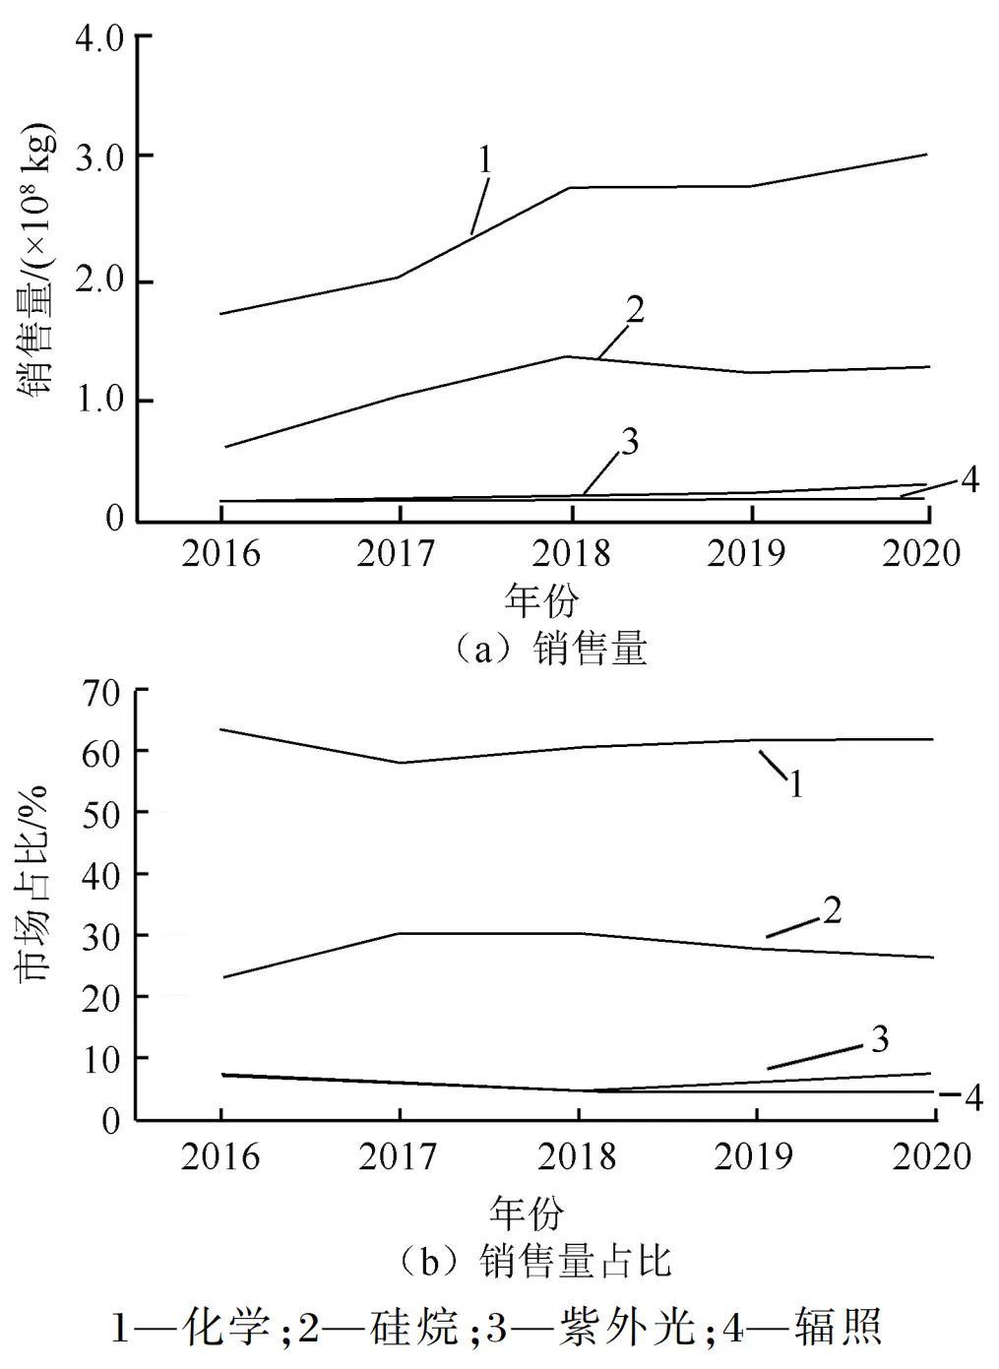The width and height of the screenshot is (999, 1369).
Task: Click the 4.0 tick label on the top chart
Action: point(99,38)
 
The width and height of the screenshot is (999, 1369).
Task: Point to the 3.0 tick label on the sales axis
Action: point(99,157)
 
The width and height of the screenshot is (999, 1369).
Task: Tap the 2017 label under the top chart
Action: point(396,553)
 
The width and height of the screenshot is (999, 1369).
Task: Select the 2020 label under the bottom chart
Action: point(931,1155)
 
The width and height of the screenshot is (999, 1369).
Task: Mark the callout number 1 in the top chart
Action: point(485,159)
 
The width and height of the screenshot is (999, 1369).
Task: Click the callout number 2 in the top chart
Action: point(635,309)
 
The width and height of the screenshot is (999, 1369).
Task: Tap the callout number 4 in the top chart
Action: point(969,479)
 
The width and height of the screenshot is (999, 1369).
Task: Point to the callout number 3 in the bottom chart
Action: point(879,1038)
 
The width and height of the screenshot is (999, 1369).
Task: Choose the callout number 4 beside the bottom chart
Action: point(972,1096)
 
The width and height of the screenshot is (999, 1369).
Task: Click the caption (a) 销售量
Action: point(551,650)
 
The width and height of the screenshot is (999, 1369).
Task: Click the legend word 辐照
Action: point(838,1328)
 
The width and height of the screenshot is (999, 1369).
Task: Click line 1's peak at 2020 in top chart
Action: point(926,155)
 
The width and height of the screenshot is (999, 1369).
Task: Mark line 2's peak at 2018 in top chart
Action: point(569,356)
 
